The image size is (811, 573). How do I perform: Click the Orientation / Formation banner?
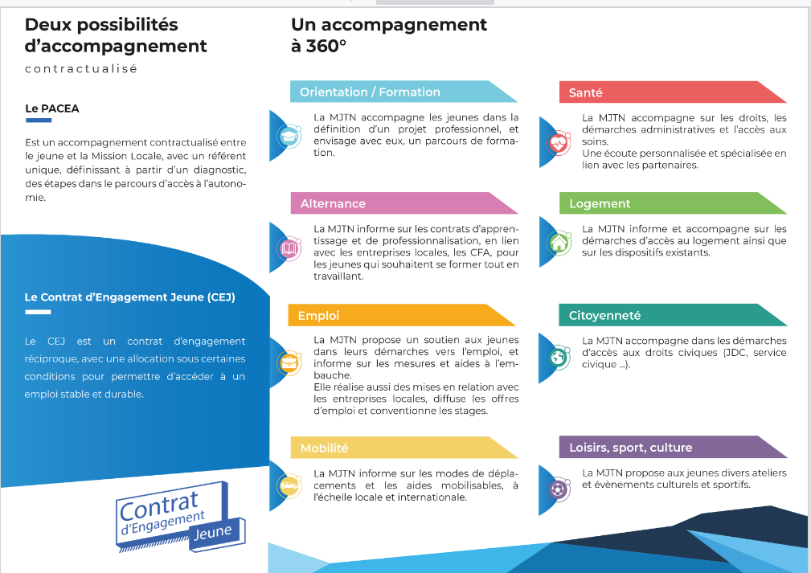pyautogui.click(x=394, y=92)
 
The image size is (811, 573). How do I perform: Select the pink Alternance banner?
pyautogui.click(x=394, y=203)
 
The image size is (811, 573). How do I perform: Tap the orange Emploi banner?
pyautogui.click(x=394, y=316)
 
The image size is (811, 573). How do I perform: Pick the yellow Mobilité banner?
pyautogui.click(x=394, y=448)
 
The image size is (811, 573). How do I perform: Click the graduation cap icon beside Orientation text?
pyautogui.click(x=287, y=137)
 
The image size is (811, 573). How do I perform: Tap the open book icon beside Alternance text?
pyautogui.click(x=287, y=249)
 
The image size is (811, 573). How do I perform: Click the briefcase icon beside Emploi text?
pyautogui.click(x=287, y=362)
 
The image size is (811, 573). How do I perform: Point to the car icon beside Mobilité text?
pyautogui.click(x=287, y=486)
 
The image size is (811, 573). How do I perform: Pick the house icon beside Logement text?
pyautogui.click(x=556, y=242)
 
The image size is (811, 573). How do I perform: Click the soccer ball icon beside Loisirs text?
pyautogui.click(x=556, y=488)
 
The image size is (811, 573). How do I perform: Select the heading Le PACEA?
pyautogui.click(x=52, y=108)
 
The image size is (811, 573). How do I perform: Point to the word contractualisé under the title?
pyautogui.click(x=81, y=69)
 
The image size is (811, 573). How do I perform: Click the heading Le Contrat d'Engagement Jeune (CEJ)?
pyautogui.click(x=129, y=297)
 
